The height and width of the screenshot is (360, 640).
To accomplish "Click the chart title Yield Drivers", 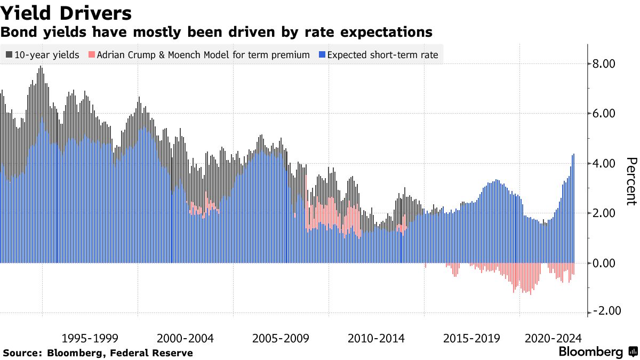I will coord(67,12).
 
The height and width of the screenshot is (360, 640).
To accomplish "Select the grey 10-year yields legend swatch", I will coord(10,54).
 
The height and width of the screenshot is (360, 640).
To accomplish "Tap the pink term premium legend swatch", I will coord(92,54).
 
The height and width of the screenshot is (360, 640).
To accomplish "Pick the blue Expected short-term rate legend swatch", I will coord(322,54).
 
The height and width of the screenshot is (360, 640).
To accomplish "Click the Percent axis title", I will coord(631,181).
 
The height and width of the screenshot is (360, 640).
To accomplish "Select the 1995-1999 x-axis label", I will coord(90,338).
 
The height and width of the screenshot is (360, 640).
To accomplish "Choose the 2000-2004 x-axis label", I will coord(186,338).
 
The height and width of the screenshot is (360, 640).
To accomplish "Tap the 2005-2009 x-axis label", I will coord(281,338).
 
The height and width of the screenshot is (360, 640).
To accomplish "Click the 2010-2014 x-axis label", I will coord(376,338).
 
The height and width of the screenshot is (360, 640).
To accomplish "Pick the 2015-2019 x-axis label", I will coord(471,338).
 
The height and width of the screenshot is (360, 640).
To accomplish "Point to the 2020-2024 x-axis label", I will coord(553,338).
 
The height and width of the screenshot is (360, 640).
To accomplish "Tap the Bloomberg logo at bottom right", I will coord(597,352).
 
